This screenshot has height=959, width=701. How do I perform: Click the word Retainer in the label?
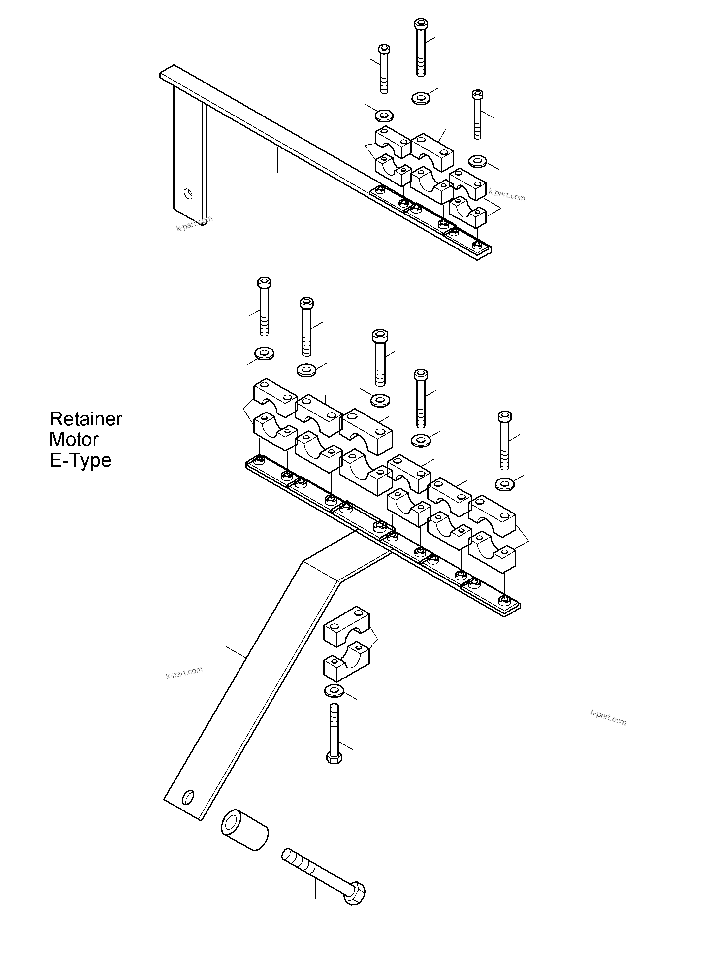point(86,419)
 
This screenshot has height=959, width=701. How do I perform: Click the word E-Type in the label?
point(80,460)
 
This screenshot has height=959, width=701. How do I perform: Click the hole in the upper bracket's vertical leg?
point(188,194)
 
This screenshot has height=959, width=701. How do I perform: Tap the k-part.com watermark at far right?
point(608,717)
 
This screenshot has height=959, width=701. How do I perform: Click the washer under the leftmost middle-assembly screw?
point(264,353)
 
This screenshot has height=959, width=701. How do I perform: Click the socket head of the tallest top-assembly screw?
point(421,24)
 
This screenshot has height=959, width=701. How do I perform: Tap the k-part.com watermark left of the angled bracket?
point(184,673)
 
